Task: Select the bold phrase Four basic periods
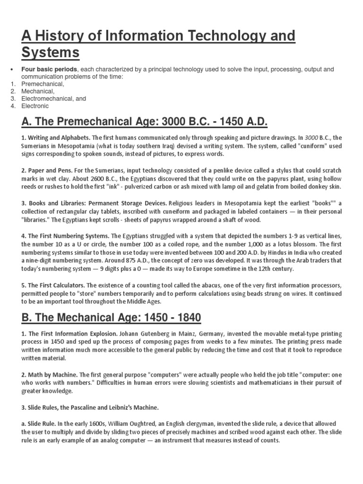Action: pyautogui.click(x=48, y=69)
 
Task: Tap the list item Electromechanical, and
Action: pyautogui.click(x=53, y=99)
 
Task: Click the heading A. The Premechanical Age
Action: pyautogui.click(x=144, y=123)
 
